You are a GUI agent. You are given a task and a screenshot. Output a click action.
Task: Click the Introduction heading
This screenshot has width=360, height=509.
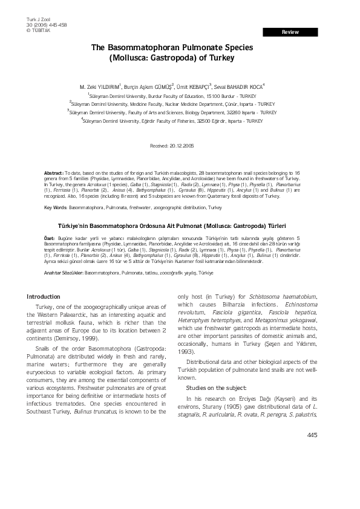[x=44, y=297]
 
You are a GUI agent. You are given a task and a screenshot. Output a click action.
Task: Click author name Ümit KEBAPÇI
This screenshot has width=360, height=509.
[x=193, y=86]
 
